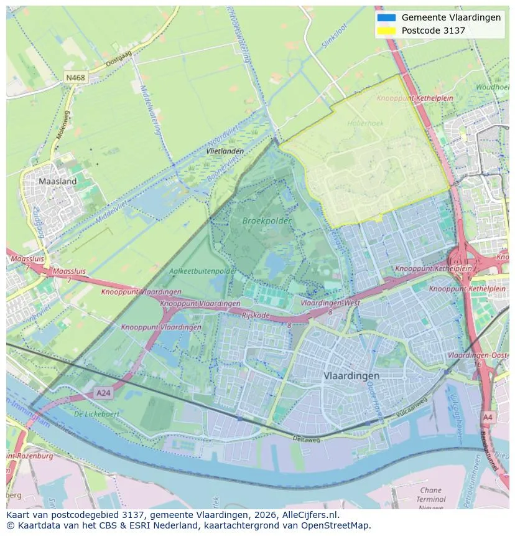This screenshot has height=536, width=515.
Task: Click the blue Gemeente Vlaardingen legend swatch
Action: click(386, 17)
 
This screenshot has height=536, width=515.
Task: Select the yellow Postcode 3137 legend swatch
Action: click(386, 31)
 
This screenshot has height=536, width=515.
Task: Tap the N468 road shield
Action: click(75, 78)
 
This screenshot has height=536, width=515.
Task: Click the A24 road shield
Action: click(103, 393)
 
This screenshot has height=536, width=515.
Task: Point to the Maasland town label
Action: click(57, 181)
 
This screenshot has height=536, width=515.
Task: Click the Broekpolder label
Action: click(267, 220)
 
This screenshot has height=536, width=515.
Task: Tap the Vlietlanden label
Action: click(225, 151)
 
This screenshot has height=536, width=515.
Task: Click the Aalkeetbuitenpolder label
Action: click(203, 271)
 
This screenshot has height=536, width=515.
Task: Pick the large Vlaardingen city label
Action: click(351, 376)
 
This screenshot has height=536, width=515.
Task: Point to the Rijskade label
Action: click(256, 316)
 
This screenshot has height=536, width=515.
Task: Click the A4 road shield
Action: click(488, 416)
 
